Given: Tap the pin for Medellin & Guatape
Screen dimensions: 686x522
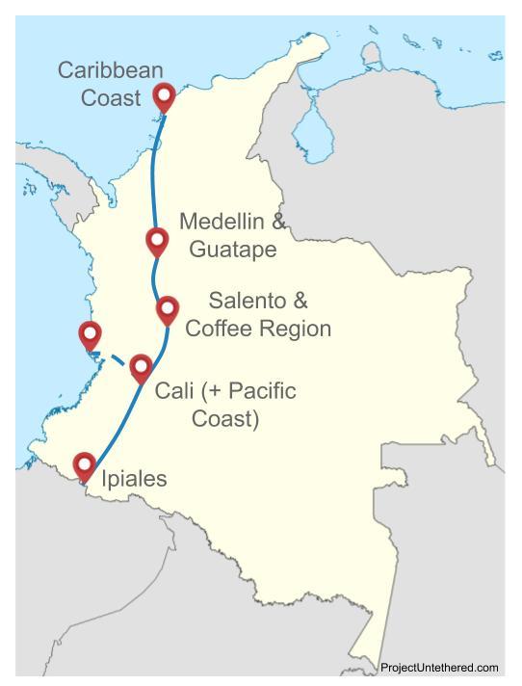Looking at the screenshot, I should (x=156, y=240).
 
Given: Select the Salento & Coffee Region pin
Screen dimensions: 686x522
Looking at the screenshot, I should (x=167, y=309).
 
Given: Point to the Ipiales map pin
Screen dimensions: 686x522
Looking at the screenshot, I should (x=85, y=465).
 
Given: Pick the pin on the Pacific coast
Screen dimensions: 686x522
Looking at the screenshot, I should (x=90, y=335).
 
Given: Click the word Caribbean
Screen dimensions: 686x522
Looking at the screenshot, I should (x=110, y=71).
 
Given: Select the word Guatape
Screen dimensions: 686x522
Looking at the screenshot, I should (x=232, y=250).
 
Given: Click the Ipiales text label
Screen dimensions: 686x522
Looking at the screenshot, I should (x=133, y=479).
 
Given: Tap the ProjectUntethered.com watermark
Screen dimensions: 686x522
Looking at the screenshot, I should (x=439, y=668).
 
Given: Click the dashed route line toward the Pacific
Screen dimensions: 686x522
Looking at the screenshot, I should (x=114, y=357).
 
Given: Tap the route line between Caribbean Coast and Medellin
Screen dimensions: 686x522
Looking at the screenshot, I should (x=153, y=169).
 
